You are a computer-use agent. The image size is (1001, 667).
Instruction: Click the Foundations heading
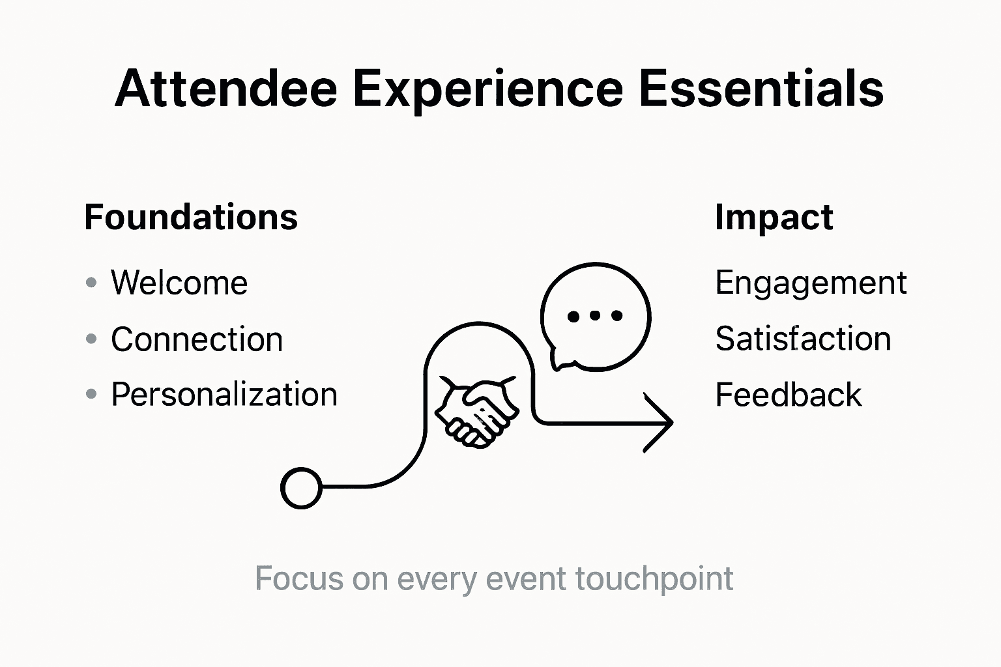point(191,217)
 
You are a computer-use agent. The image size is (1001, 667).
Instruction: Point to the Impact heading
point(774,218)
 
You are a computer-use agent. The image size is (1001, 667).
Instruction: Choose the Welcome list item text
point(179,283)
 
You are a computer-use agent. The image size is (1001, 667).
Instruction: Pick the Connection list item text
point(197,339)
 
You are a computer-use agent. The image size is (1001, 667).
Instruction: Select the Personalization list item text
point(224,395)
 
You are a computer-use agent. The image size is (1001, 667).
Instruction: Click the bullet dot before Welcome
point(91,283)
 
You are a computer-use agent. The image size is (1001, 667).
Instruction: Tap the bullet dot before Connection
point(91,339)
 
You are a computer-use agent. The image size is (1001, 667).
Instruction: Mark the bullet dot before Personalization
point(91,395)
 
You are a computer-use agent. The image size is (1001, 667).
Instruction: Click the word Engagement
point(811,283)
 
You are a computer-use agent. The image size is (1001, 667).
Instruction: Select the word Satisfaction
point(803,339)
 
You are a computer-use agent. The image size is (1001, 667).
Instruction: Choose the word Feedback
point(789,395)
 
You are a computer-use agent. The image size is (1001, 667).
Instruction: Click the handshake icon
point(476,410)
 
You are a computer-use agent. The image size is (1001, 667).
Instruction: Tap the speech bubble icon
point(595,317)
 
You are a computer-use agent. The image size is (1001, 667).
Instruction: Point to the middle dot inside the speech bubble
point(595,317)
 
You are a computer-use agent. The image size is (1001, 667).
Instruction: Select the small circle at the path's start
point(301,487)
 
